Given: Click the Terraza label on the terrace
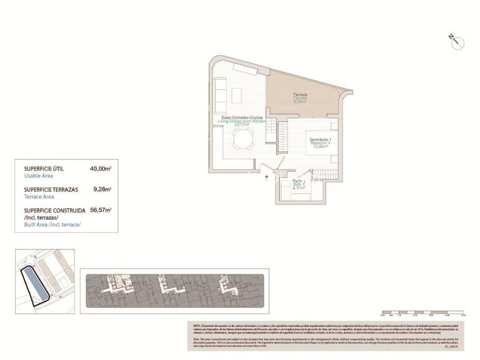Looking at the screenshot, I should click(x=301, y=96).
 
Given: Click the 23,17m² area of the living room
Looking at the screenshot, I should click(x=242, y=125).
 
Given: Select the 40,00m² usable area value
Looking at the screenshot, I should click(x=100, y=169).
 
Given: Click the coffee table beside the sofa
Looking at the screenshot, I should click(x=236, y=95).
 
